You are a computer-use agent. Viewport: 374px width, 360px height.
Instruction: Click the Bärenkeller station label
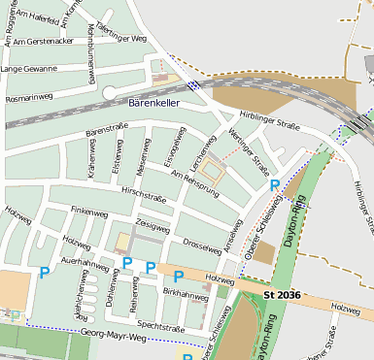153,102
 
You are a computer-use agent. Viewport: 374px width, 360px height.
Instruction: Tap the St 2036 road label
283,293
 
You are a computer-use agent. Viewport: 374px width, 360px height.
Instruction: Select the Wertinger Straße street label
249,149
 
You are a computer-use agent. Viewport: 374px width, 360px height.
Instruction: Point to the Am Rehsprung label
195,183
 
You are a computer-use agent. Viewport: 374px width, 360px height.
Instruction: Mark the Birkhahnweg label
183,291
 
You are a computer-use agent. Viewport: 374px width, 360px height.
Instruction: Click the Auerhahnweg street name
85,262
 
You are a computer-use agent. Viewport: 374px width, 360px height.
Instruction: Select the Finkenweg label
89,211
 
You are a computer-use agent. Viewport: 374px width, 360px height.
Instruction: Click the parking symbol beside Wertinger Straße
275,184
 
